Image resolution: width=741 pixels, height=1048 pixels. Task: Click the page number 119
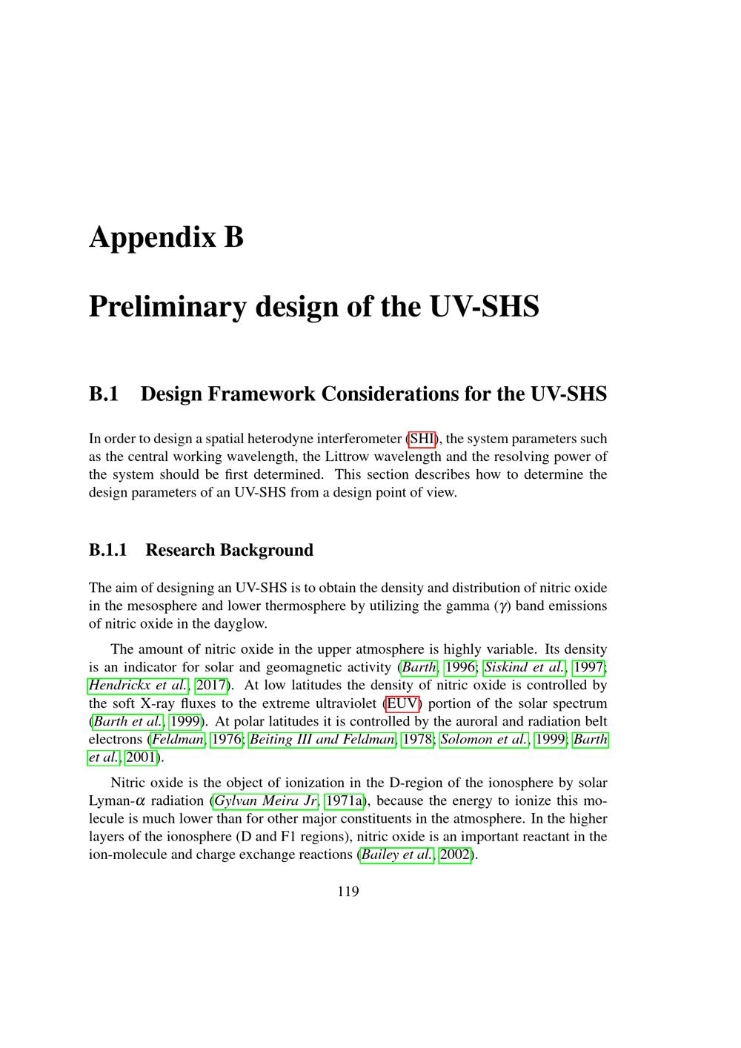click(348, 891)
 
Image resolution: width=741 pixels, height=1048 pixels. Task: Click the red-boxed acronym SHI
click(422, 438)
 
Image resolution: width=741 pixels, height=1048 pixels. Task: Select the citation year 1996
click(459, 667)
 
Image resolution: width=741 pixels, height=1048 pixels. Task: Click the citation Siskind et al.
click(525, 667)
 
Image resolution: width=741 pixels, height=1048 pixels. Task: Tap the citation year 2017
click(210, 685)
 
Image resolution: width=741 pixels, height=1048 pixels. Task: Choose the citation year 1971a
click(345, 800)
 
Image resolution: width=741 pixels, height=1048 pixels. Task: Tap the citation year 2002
click(455, 855)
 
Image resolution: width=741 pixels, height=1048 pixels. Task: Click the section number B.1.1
click(108, 550)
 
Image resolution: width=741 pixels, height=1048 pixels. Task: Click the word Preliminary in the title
click(167, 306)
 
